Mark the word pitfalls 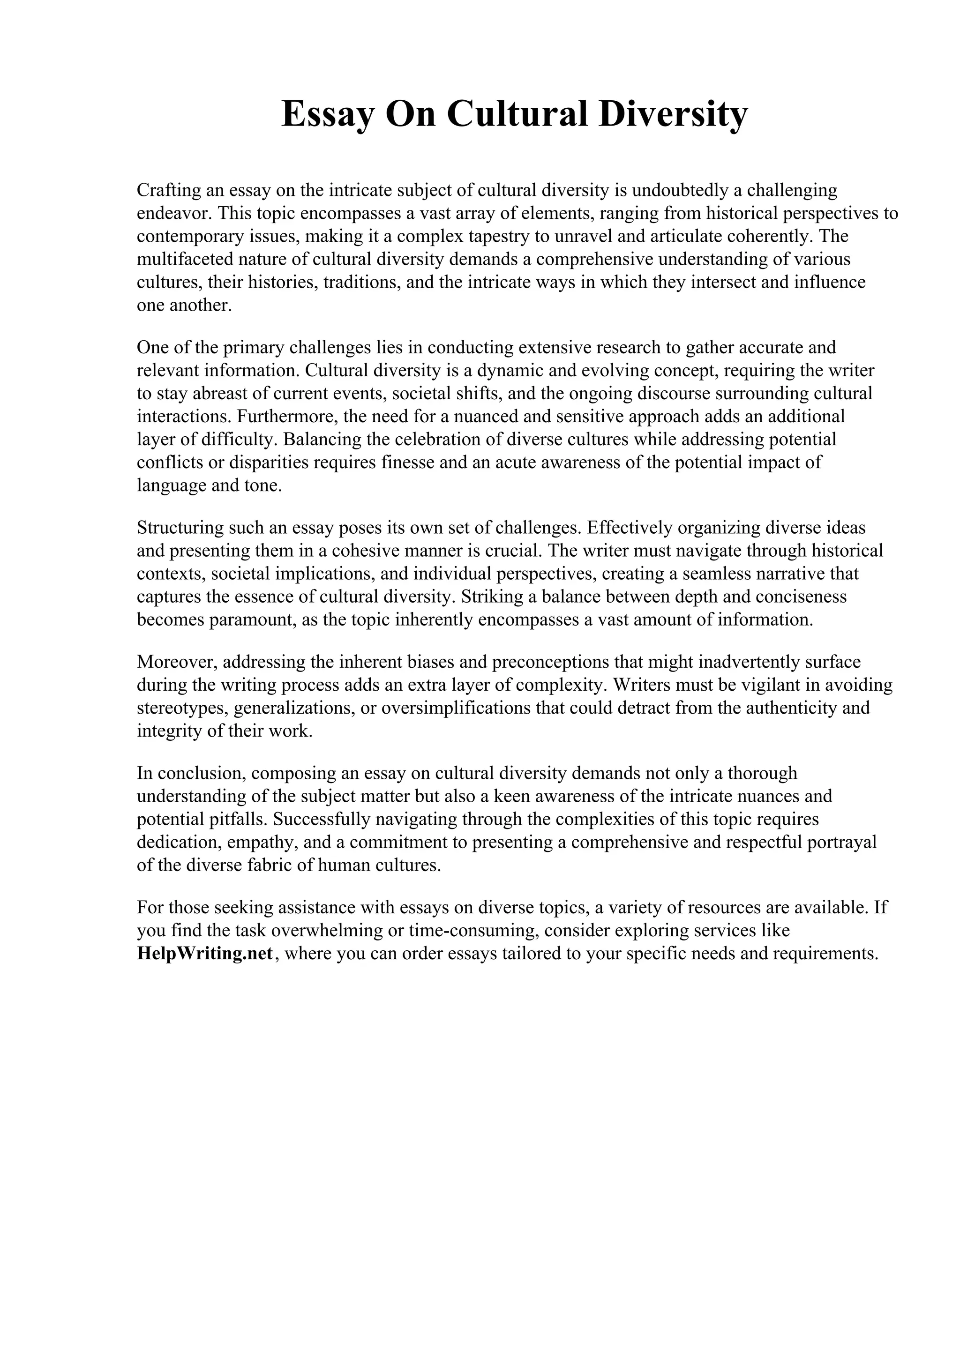pyautogui.click(x=233, y=819)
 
